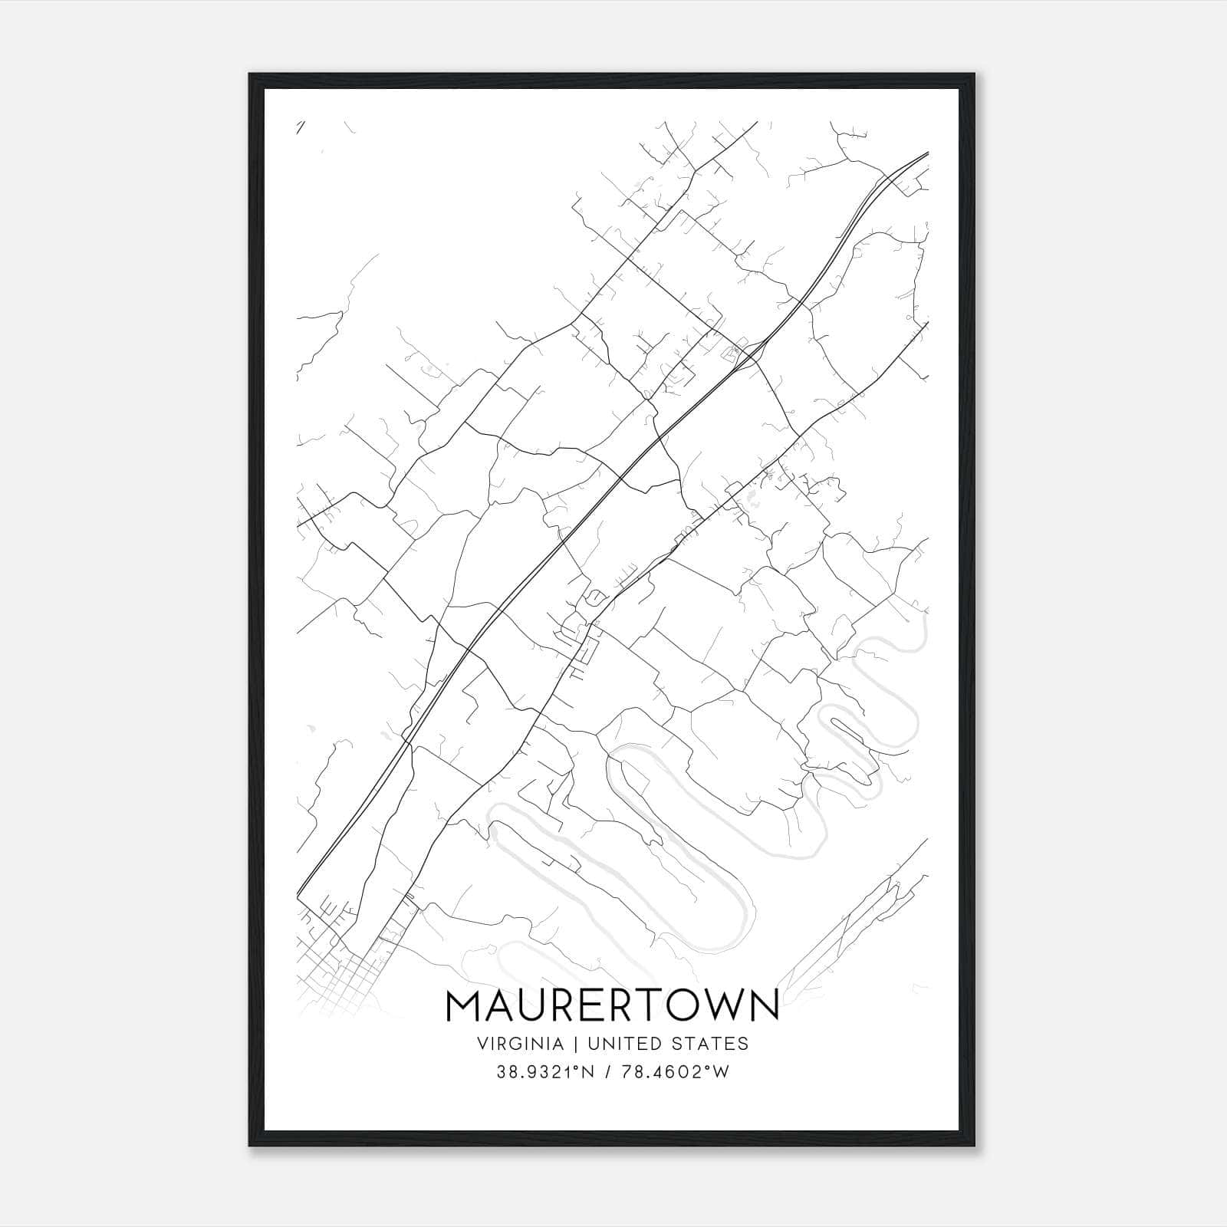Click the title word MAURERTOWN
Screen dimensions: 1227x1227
(613, 1005)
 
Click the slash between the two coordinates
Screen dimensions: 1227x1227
(609, 1073)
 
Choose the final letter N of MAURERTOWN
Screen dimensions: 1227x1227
(763, 1005)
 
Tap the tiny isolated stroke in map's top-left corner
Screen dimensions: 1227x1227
(301, 127)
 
